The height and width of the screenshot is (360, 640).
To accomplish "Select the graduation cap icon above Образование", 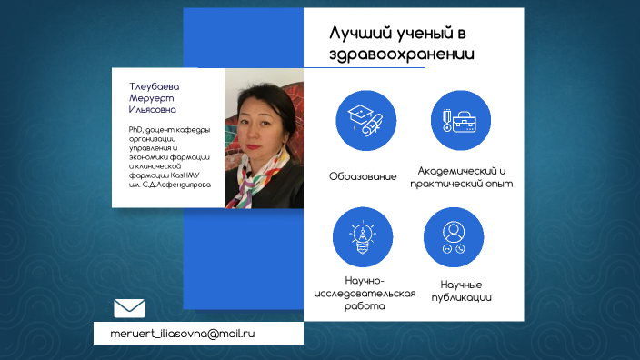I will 361,119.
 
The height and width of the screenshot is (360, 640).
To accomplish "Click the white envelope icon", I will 130,308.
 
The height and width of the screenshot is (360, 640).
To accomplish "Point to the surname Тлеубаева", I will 154,86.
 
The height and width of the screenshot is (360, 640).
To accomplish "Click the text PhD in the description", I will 137,130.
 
